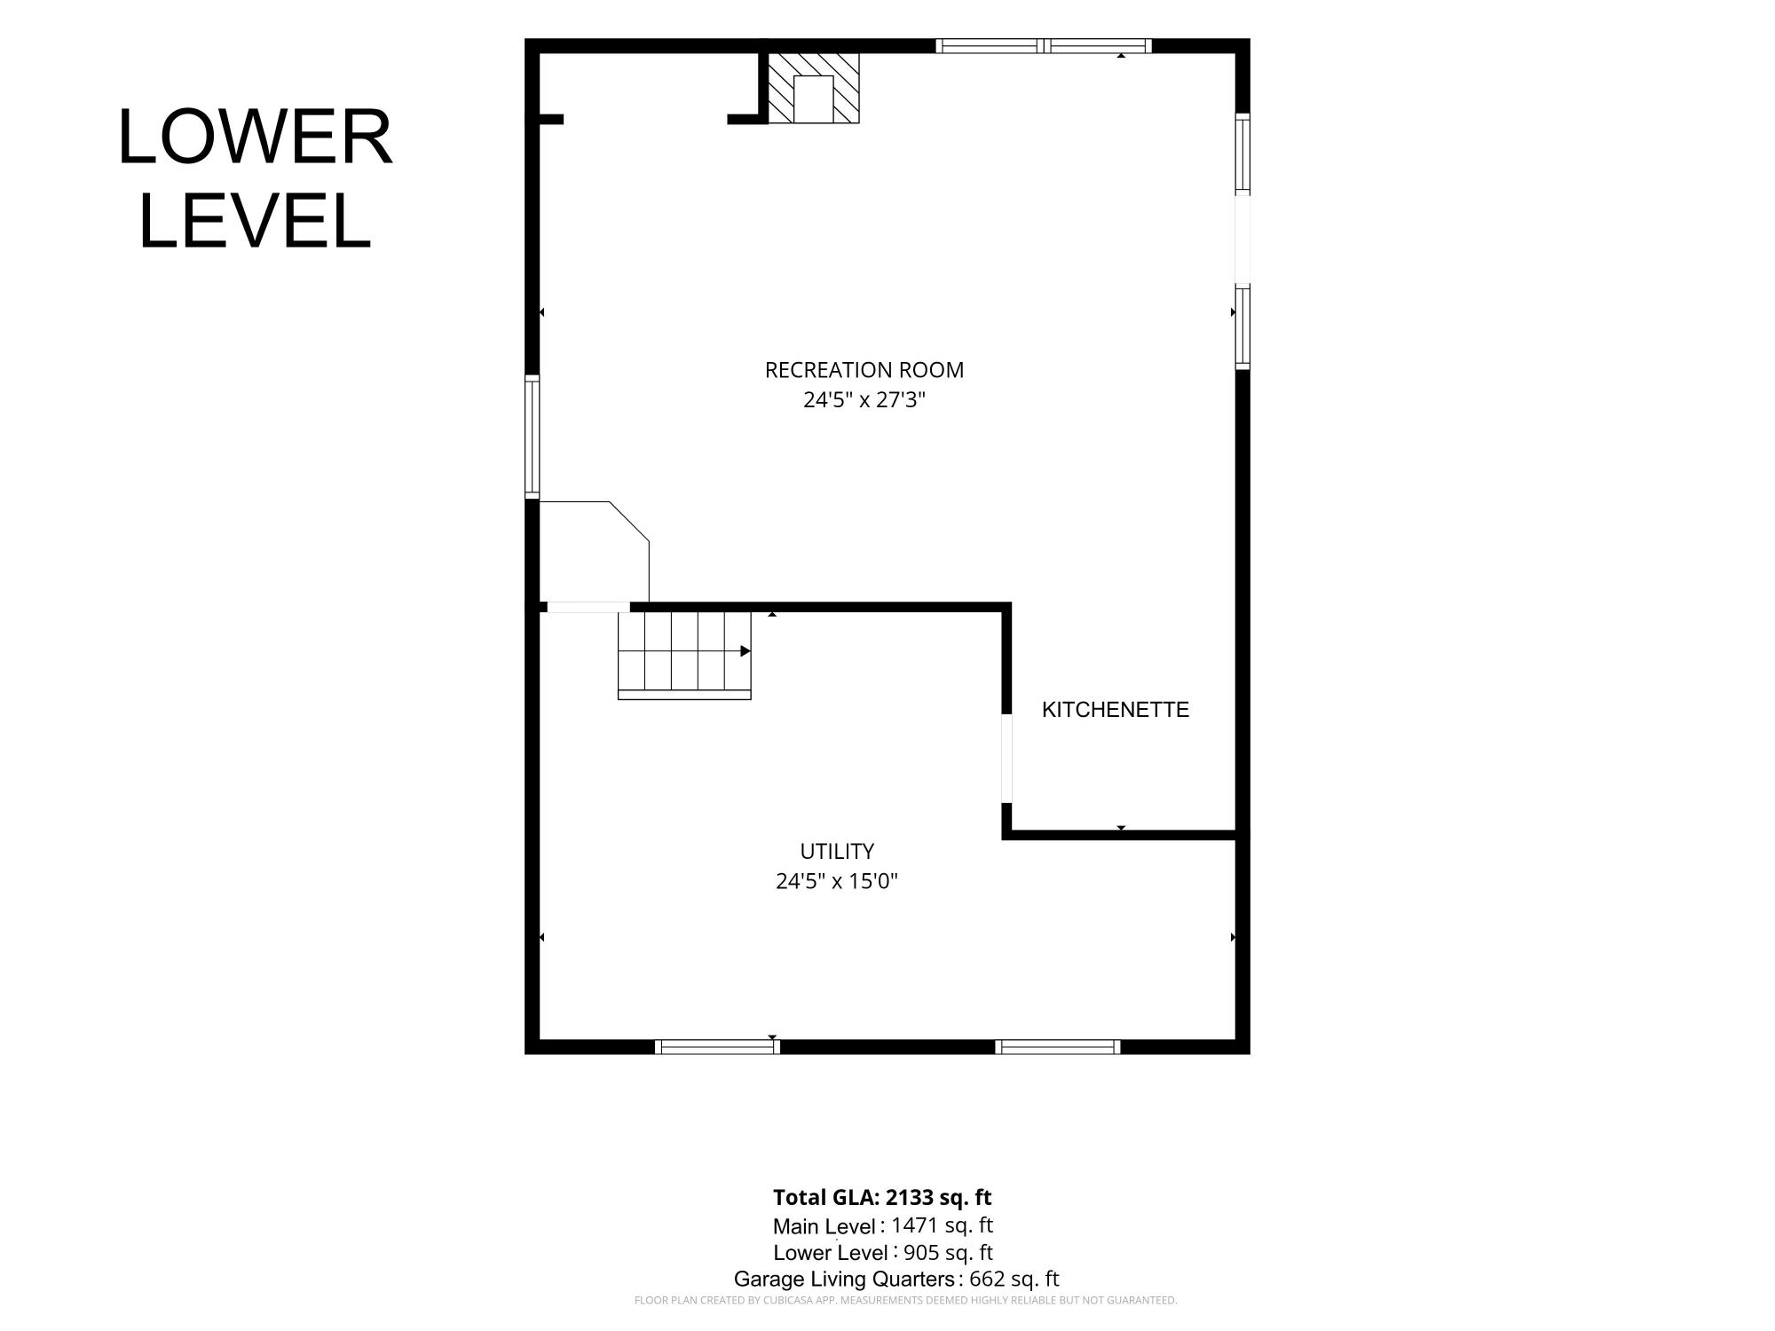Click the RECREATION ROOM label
point(864,370)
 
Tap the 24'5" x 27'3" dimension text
point(864,400)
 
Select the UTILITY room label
point(837,852)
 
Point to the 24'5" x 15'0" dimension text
point(837,882)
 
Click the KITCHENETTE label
point(1116,710)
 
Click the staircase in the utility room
point(684,655)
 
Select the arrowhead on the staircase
point(745,651)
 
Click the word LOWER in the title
point(256,138)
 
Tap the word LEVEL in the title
point(256,221)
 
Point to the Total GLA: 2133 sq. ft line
point(882,1198)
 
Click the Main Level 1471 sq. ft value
point(942,1225)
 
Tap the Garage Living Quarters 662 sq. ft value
point(1014,1280)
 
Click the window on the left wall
point(532,437)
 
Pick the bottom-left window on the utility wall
point(717,1047)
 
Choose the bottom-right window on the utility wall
point(1058,1047)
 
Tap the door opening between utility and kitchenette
point(1006,759)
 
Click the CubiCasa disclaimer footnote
point(905,1301)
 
